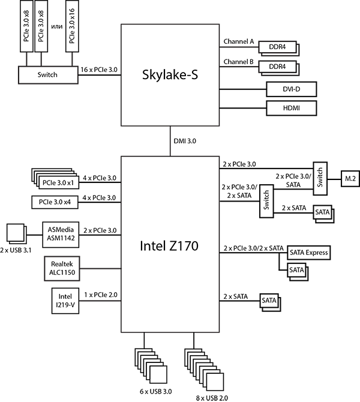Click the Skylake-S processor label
click(x=170, y=74)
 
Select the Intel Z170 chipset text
click(x=169, y=245)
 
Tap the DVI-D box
click(x=292, y=89)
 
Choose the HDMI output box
click(x=292, y=108)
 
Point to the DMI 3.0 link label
click(x=185, y=141)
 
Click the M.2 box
click(x=350, y=178)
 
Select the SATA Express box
click(x=309, y=253)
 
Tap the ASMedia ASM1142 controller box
click(x=61, y=235)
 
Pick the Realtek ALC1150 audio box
click(x=62, y=268)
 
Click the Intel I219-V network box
click(x=65, y=301)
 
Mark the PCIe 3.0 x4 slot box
click(x=55, y=202)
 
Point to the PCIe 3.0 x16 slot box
click(x=72, y=26)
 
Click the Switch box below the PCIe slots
click(x=48, y=75)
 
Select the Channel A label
click(x=238, y=41)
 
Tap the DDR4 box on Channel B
click(x=277, y=67)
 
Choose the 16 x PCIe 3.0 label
click(x=99, y=70)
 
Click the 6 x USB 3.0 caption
click(x=155, y=391)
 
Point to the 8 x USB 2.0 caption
click(x=212, y=398)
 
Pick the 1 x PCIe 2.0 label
click(x=101, y=295)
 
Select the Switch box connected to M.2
click(x=320, y=178)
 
